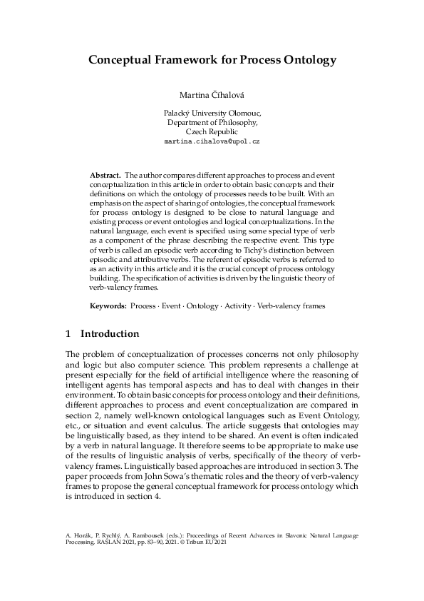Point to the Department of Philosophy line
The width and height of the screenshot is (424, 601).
click(x=212, y=123)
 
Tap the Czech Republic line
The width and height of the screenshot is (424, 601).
click(x=212, y=132)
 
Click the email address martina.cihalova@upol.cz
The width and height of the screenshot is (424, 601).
click(x=212, y=142)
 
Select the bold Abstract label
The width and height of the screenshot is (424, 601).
click(x=105, y=175)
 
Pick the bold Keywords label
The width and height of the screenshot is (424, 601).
click(x=108, y=305)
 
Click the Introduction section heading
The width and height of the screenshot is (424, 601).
click(x=110, y=334)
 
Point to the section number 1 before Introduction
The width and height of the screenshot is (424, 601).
click(x=68, y=334)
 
